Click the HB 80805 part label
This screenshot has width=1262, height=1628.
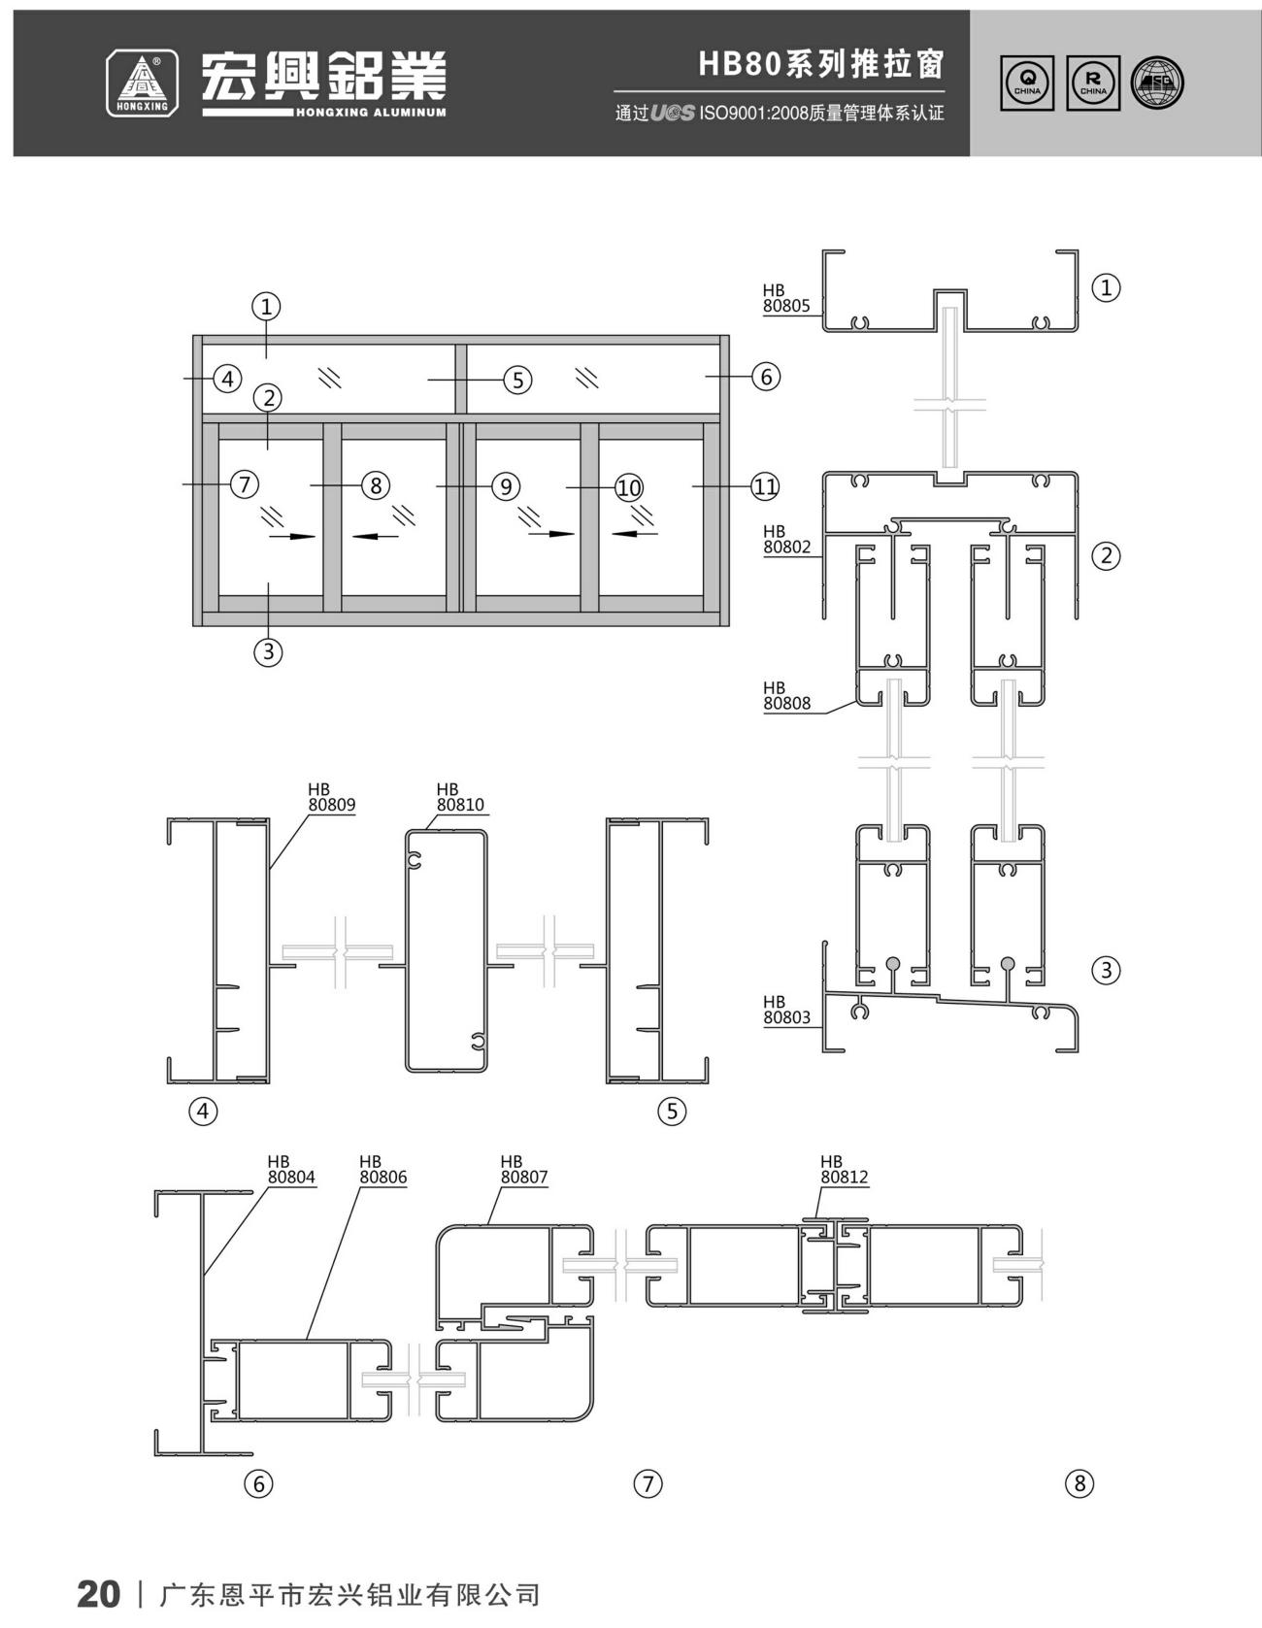click(x=785, y=298)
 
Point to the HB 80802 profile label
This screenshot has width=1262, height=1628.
click(x=786, y=539)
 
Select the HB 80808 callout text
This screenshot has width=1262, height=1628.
click(x=786, y=696)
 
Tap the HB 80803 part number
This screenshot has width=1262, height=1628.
click(x=786, y=1010)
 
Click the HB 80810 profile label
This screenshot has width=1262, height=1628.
click(x=460, y=797)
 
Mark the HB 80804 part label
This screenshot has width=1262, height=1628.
click(x=291, y=1169)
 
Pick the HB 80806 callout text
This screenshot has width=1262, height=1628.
click(x=383, y=1169)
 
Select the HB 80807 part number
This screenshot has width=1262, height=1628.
click(x=524, y=1169)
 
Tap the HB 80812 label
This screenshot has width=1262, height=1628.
click(x=845, y=1169)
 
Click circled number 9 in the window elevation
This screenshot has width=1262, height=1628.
click(x=505, y=485)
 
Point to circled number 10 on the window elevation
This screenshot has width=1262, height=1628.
click(x=629, y=486)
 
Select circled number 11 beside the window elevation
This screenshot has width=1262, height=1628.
click(x=765, y=486)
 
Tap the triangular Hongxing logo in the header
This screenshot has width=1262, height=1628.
click(x=142, y=83)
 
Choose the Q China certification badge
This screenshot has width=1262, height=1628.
click(x=1028, y=83)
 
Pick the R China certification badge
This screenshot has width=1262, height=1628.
click(x=1093, y=83)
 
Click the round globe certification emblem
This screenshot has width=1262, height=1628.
click(x=1158, y=83)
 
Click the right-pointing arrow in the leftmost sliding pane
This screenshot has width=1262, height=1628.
click(x=292, y=536)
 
